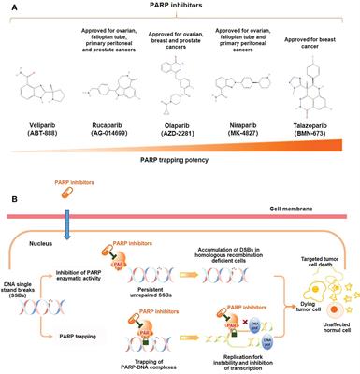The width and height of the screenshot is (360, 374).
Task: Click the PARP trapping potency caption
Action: tap(180, 172)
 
